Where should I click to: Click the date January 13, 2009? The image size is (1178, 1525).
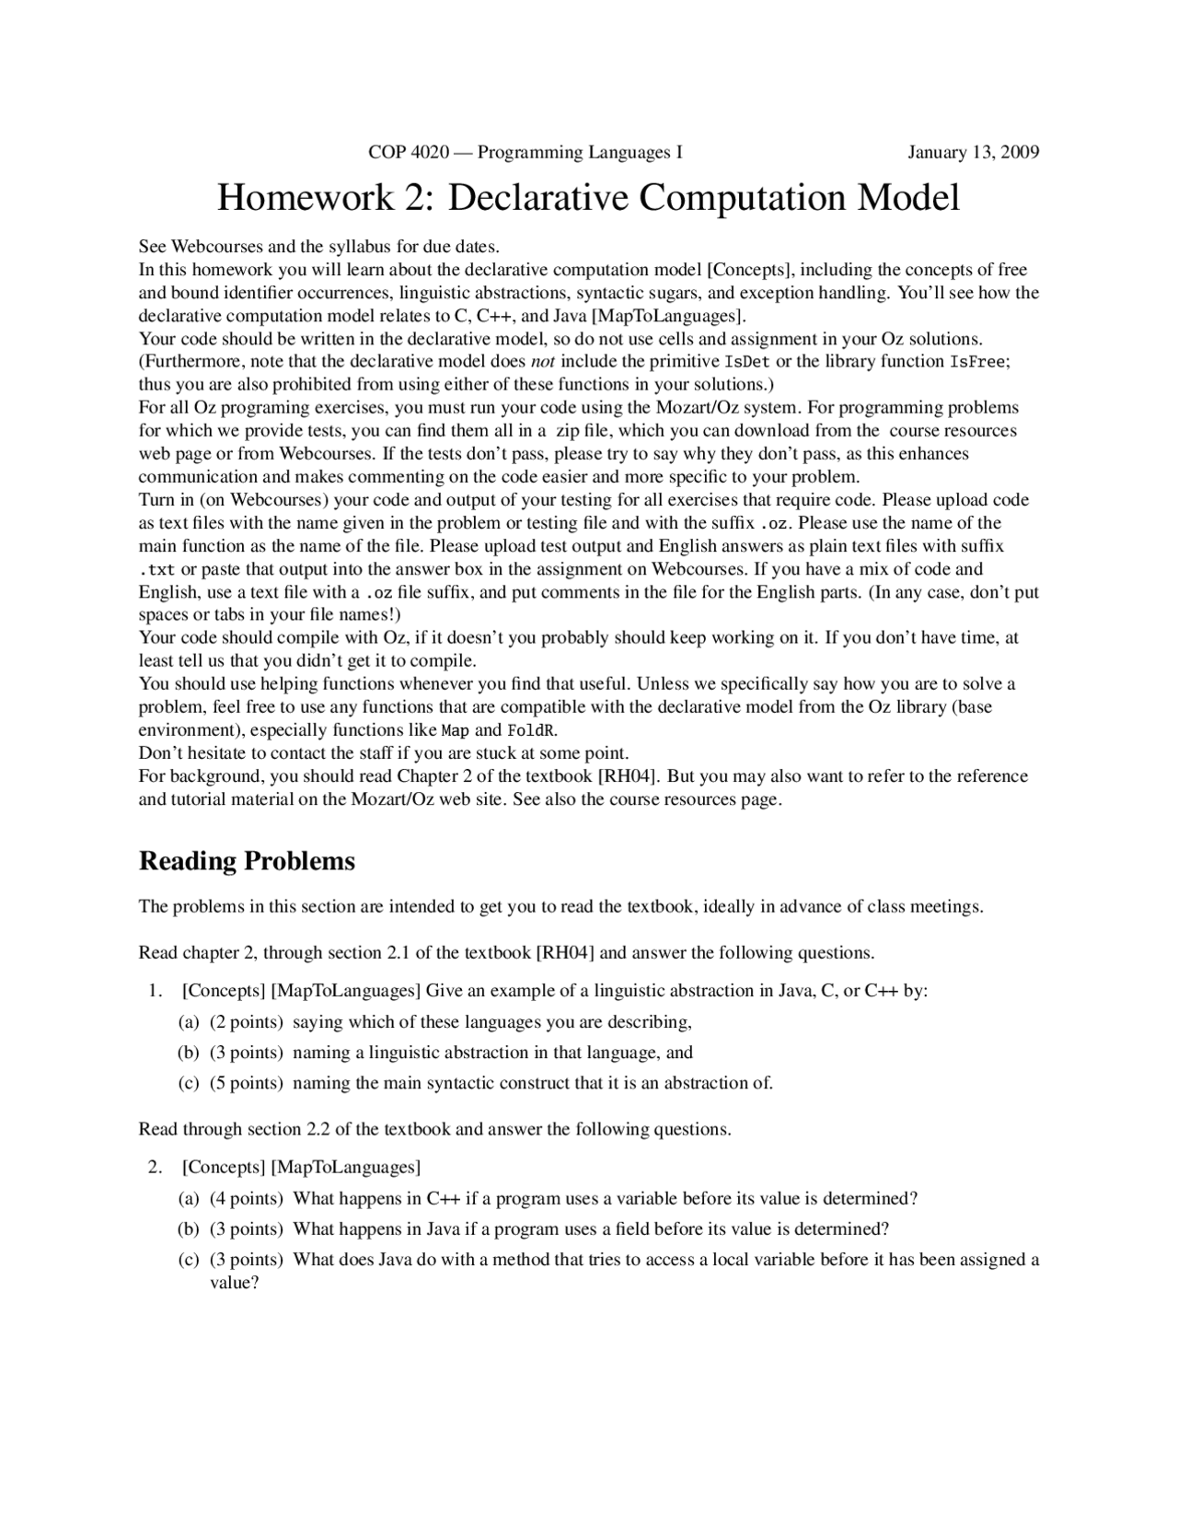973,152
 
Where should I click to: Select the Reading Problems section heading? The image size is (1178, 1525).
247,861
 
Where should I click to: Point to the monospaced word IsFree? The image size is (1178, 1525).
978,362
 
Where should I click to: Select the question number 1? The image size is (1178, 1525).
155,991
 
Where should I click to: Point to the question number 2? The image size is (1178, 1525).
155,1168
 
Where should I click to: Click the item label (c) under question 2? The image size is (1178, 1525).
188,1260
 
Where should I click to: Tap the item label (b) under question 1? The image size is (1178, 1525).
188,1053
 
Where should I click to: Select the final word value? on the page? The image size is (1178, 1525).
235,1283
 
